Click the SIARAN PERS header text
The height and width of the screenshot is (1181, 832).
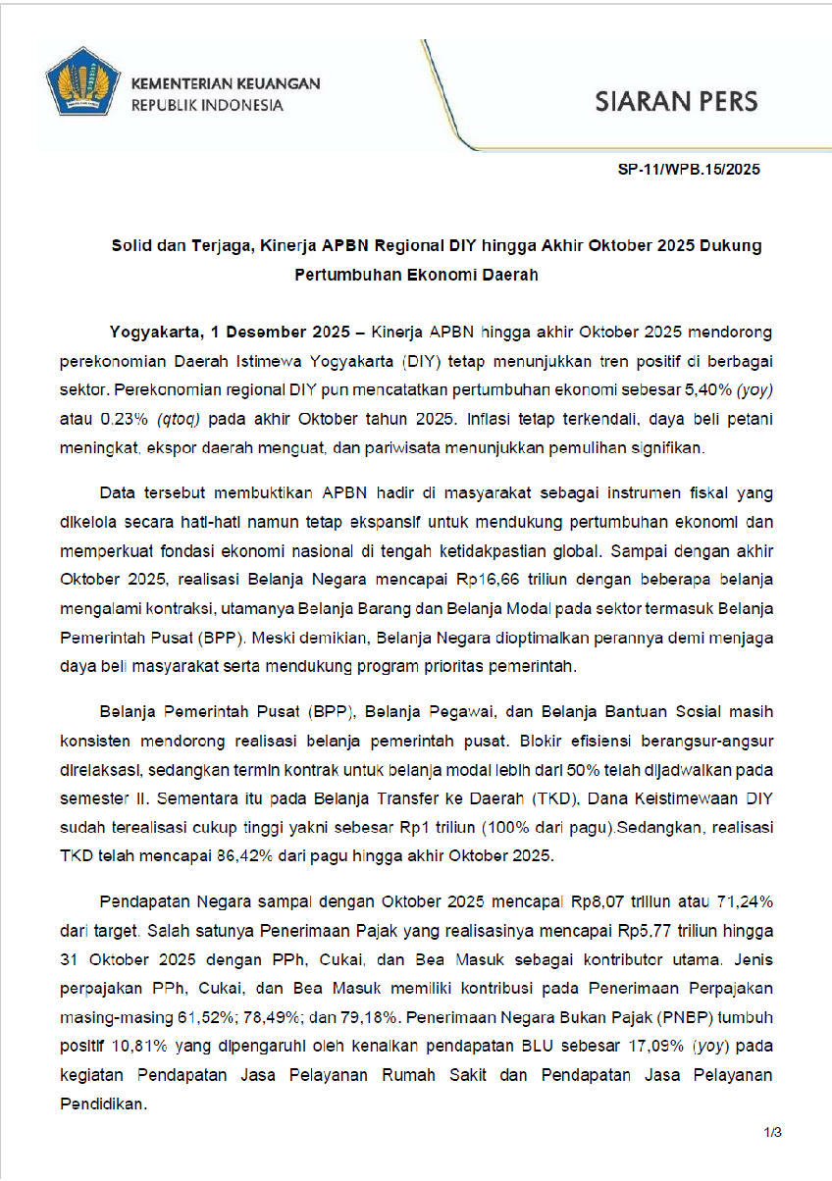tap(677, 102)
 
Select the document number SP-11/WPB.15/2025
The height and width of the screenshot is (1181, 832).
tap(689, 170)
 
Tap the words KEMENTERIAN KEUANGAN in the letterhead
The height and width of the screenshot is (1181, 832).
tap(226, 84)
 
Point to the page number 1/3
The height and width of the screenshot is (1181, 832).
tap(773, 1133)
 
